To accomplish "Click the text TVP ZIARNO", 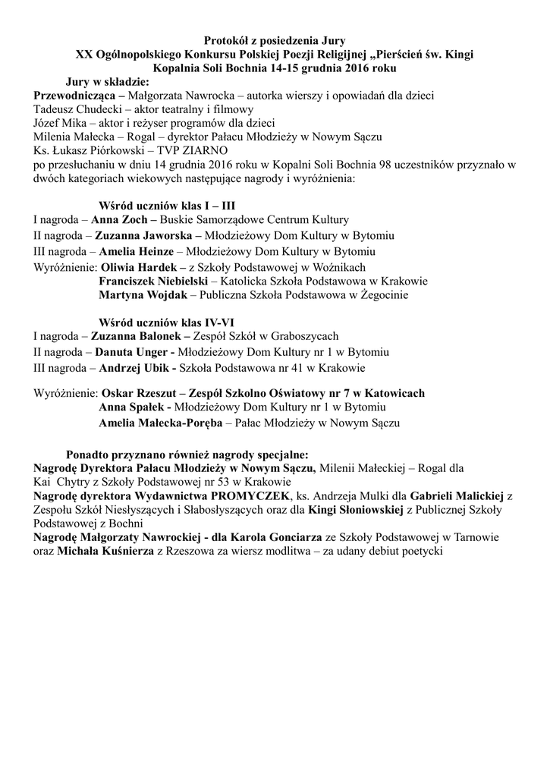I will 185,151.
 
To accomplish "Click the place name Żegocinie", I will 385,294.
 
